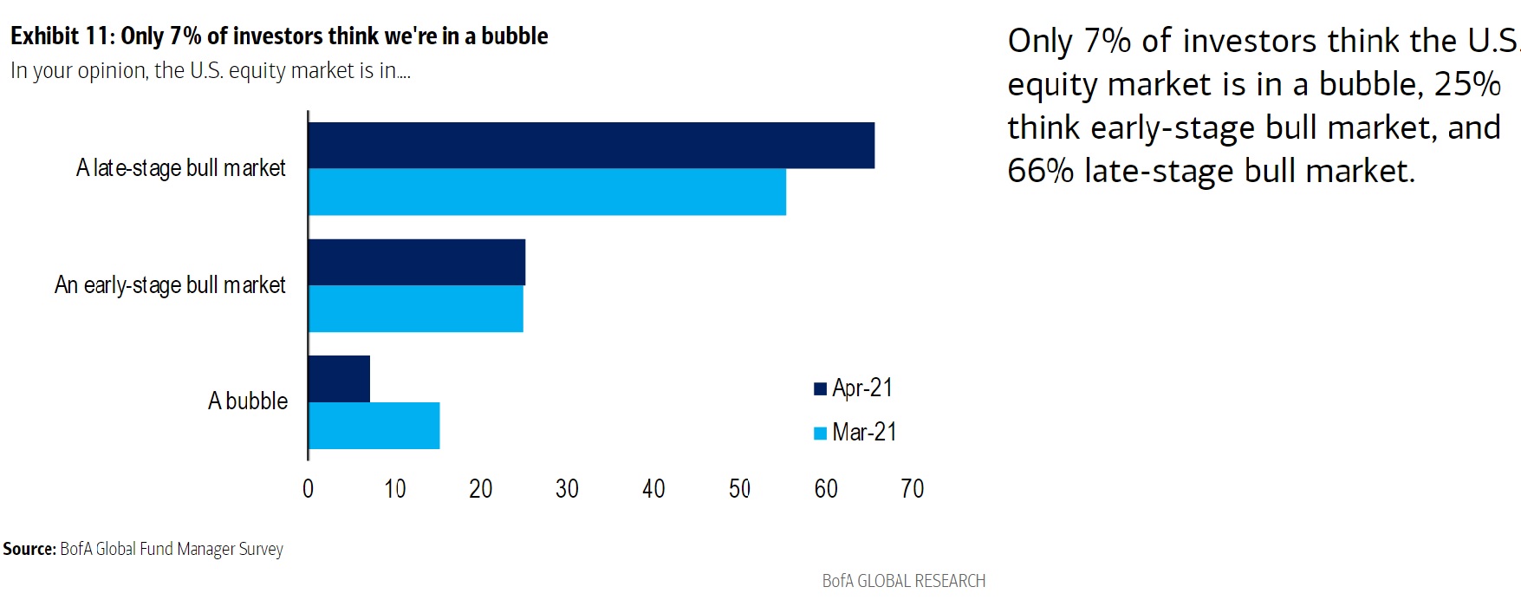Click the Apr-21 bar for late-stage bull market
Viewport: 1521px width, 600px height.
click(591, 146)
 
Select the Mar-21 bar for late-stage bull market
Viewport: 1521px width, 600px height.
click(547, 192)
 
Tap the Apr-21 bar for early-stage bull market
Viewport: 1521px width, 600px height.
click(417, 262)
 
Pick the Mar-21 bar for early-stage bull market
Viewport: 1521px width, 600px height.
click(416, 309)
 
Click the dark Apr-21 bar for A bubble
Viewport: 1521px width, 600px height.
click(339, 379)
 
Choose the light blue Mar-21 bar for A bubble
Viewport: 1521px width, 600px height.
click(374, 426)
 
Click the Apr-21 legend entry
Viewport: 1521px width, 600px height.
click(854, 388)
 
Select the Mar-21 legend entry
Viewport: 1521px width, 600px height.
click(855, 432)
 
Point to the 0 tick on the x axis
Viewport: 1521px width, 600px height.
click(308, 489)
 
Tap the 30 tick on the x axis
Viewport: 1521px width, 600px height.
click(567, 489)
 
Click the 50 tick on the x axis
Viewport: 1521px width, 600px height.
click(739, 489)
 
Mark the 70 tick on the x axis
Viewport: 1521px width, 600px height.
click(912, 489)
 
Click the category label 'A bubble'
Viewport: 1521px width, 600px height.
click(248, 401)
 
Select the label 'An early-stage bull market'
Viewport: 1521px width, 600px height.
click(170, 285)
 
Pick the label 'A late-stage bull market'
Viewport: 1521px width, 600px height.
click(181, 168)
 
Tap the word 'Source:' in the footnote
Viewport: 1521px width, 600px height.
click(29, 549)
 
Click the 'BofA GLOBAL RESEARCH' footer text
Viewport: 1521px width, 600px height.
click(904, 581)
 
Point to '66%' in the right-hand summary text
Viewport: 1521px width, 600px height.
click(1040, 171)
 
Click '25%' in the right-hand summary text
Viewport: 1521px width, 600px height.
click(1467, 84)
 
